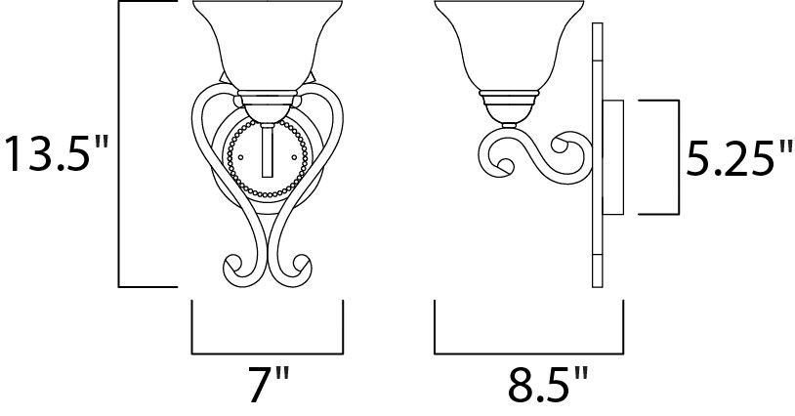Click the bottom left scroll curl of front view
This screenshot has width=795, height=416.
[x=237, y=266]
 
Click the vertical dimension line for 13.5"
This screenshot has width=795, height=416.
[x=120, y=146]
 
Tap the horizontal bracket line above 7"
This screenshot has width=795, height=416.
[x=267, y=352]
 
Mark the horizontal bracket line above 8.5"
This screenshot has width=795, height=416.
[x=527, y=352]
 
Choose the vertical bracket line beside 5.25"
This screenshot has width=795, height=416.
[x=675, y=156]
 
